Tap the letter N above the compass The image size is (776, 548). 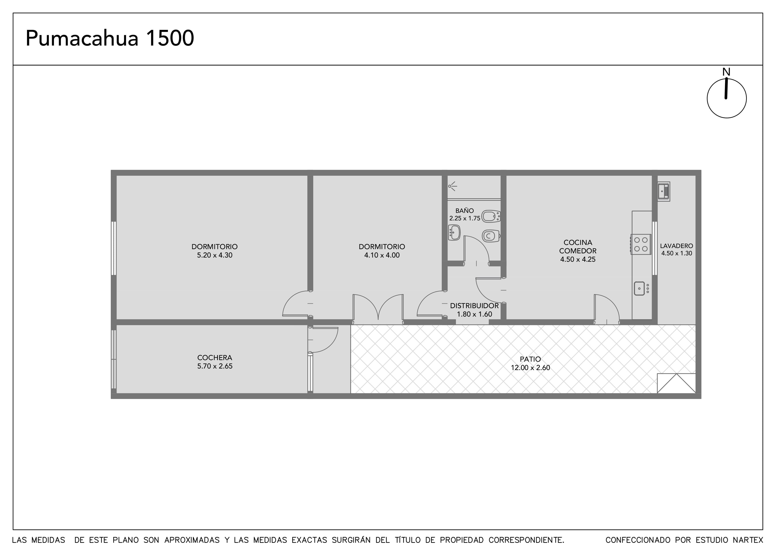coord(726,72)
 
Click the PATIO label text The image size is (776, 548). coord(530,359)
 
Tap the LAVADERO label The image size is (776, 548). coord(677,246)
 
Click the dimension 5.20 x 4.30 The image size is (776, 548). coord(215,255)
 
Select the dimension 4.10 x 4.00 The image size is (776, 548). coord(382,255)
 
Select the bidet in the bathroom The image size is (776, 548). coord(491,216)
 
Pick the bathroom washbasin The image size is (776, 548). coord(454,233)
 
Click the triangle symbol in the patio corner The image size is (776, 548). coord(676,384)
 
